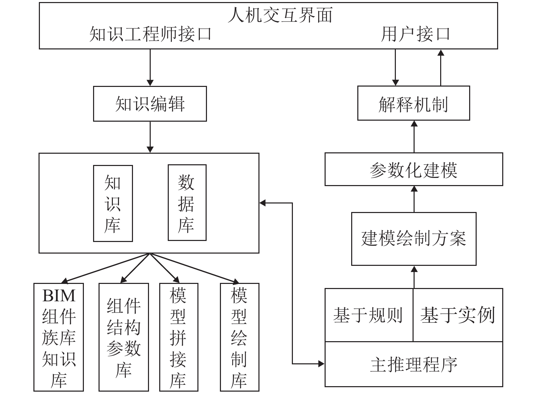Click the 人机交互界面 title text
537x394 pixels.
[280, 15]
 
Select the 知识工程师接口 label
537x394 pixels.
[150, 34]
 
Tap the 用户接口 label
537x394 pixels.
[416, 34]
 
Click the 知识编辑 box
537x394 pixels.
[150, 104]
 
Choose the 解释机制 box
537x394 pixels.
[414, 103]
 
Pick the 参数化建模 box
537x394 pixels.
[414, 169]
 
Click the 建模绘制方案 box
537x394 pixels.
[414, 239]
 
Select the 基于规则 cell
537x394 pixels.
[369, 315]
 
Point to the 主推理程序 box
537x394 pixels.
[414, 364]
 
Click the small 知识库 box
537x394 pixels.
[113, 203]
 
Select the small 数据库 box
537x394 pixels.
[187, 202]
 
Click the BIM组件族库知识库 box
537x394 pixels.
[59, 337]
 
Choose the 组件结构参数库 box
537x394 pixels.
[124, 337]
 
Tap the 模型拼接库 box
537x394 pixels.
[179, 337]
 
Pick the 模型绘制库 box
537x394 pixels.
[240, 337]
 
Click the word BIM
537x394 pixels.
[59, 296]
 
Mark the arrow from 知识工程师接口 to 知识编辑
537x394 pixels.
[150, 67]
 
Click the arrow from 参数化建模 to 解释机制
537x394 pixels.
[414, 137]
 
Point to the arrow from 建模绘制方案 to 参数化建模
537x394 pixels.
[414, 199]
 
